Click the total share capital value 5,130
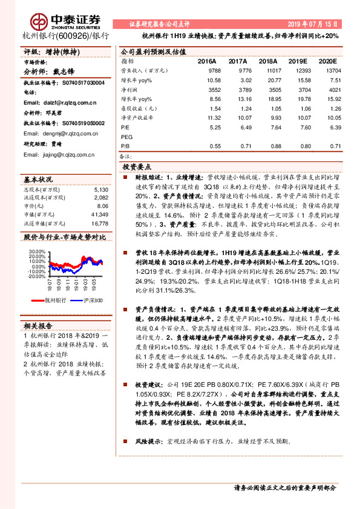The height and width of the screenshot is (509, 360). tap(101, 189)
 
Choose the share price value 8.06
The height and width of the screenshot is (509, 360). tap(102, 206)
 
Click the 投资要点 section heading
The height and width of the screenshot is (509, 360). tap(137, 166)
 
